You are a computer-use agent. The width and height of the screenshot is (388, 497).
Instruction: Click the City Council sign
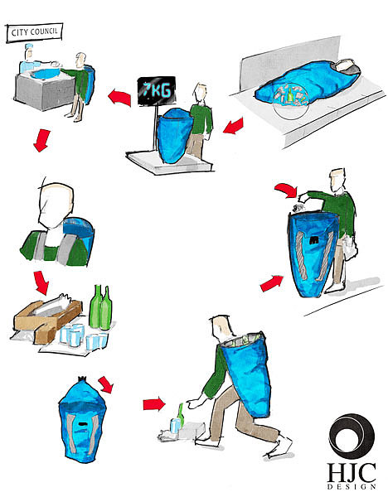point(34,32)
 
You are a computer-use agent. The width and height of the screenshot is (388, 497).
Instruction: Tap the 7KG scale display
point(156,90)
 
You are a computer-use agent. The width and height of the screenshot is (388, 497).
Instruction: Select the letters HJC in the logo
point(352,473)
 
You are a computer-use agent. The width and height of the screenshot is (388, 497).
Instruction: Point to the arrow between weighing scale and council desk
point(120,96)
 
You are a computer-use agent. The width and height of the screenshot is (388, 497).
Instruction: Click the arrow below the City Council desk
point(41,140)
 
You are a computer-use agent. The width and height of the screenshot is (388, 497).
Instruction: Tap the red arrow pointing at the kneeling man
point(154,404)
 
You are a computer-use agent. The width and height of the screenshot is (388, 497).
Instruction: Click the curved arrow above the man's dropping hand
point(287,190)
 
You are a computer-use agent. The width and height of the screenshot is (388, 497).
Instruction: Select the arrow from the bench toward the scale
point(234,126)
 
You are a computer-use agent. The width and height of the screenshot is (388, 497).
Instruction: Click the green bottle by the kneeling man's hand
point(181,415)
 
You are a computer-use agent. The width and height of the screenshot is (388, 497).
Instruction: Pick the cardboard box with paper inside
point(47,318)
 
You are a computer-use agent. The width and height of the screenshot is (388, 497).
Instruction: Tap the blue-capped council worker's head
point(29,52)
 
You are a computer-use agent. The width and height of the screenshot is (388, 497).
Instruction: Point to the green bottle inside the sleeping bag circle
point(289,94)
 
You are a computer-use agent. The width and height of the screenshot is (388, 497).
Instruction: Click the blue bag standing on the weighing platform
point(174,135)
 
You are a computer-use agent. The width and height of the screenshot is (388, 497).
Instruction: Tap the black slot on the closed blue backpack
point(83,424)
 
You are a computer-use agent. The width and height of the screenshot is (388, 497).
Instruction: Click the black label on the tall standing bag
point(315,240)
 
